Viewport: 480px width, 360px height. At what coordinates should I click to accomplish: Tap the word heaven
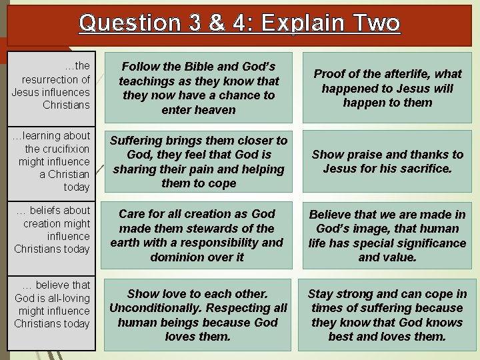pyautogui.click(x=216, y=110)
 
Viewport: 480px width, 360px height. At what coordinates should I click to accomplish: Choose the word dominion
pyautogui.click(x=180, y=257)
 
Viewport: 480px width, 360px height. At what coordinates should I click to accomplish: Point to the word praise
pyautogui.click(x=361, y=155)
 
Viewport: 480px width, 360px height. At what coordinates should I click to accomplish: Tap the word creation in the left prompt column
pyautogui.click(x=47, y=223)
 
